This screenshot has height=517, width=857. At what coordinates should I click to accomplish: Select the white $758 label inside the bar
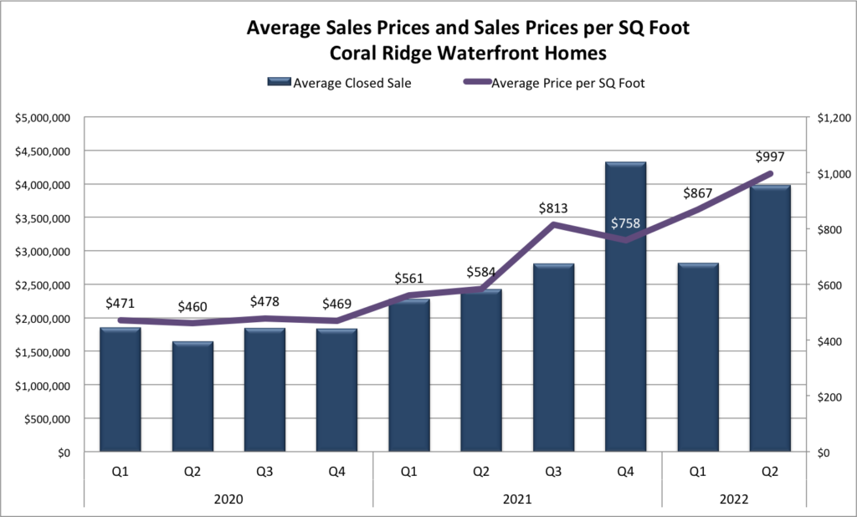(x=625, y=223)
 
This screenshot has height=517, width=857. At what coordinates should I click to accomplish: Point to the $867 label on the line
(x=697, y=193)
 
